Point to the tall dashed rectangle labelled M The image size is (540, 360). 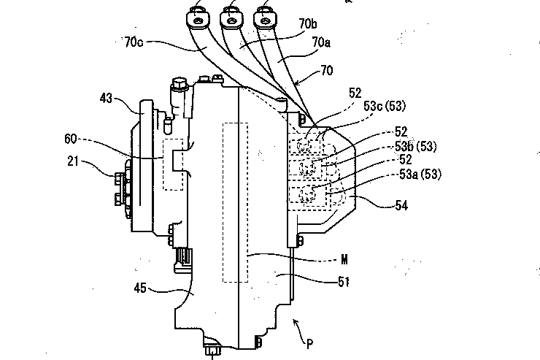click(x=235, y=202)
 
